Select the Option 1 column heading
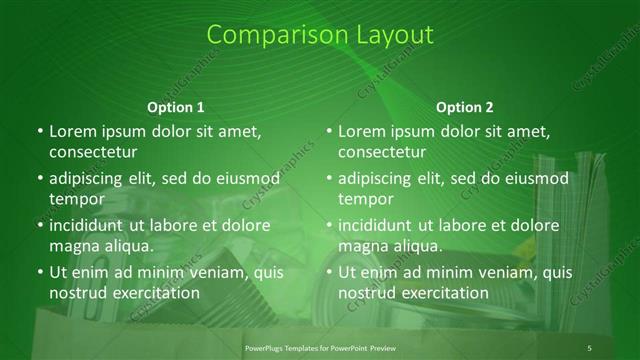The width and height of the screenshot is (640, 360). (x=176, y=107)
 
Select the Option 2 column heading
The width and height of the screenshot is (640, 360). (x=465, y=107)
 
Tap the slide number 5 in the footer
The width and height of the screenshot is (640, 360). (x=589, y=347)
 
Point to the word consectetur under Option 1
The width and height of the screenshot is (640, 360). (x=92, y=153)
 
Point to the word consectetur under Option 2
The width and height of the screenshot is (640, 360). (x=381, y=153)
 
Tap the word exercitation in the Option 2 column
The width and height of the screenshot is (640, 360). (x=444, y=293)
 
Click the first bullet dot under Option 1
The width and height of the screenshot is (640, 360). (x=39, y=131)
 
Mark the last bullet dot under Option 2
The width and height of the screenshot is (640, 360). (x=328, y=272)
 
